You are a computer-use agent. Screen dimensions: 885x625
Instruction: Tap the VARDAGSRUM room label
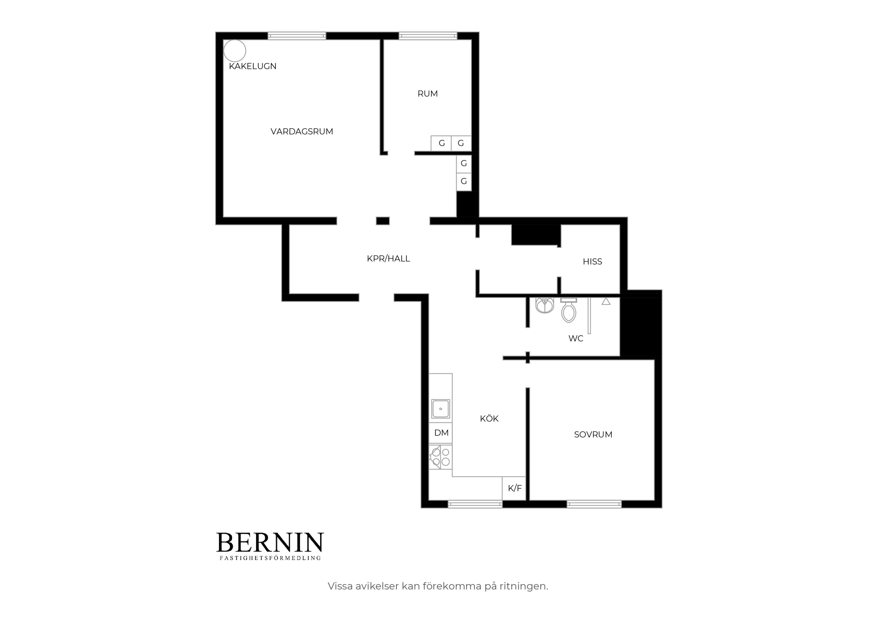[302, 132]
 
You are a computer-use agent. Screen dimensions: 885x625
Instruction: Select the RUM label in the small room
[428, 94]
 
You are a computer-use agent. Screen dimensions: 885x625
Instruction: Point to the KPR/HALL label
[388, 259]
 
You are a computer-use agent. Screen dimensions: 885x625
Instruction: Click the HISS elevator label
[592, 262]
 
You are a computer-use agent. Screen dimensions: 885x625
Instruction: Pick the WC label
[576, 338]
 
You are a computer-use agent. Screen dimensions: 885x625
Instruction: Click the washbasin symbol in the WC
[545, 305]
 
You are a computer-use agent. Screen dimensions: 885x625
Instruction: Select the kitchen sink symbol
[441, 409]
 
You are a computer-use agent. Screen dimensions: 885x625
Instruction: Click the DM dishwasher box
[441, 433]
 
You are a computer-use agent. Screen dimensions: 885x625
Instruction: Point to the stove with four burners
[441, 457]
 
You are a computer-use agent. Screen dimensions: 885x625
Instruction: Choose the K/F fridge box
[514, 488]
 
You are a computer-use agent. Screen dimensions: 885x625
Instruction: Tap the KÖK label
[489, 418]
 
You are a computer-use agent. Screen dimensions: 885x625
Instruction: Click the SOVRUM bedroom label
[593, 435]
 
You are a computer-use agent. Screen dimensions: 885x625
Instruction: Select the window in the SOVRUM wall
[594, 504]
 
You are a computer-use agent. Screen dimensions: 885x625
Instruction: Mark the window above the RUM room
[428, 36]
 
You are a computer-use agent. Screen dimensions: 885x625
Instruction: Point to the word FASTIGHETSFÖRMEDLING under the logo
[270, 558]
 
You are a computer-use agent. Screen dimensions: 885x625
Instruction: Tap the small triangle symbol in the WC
[606, 301]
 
